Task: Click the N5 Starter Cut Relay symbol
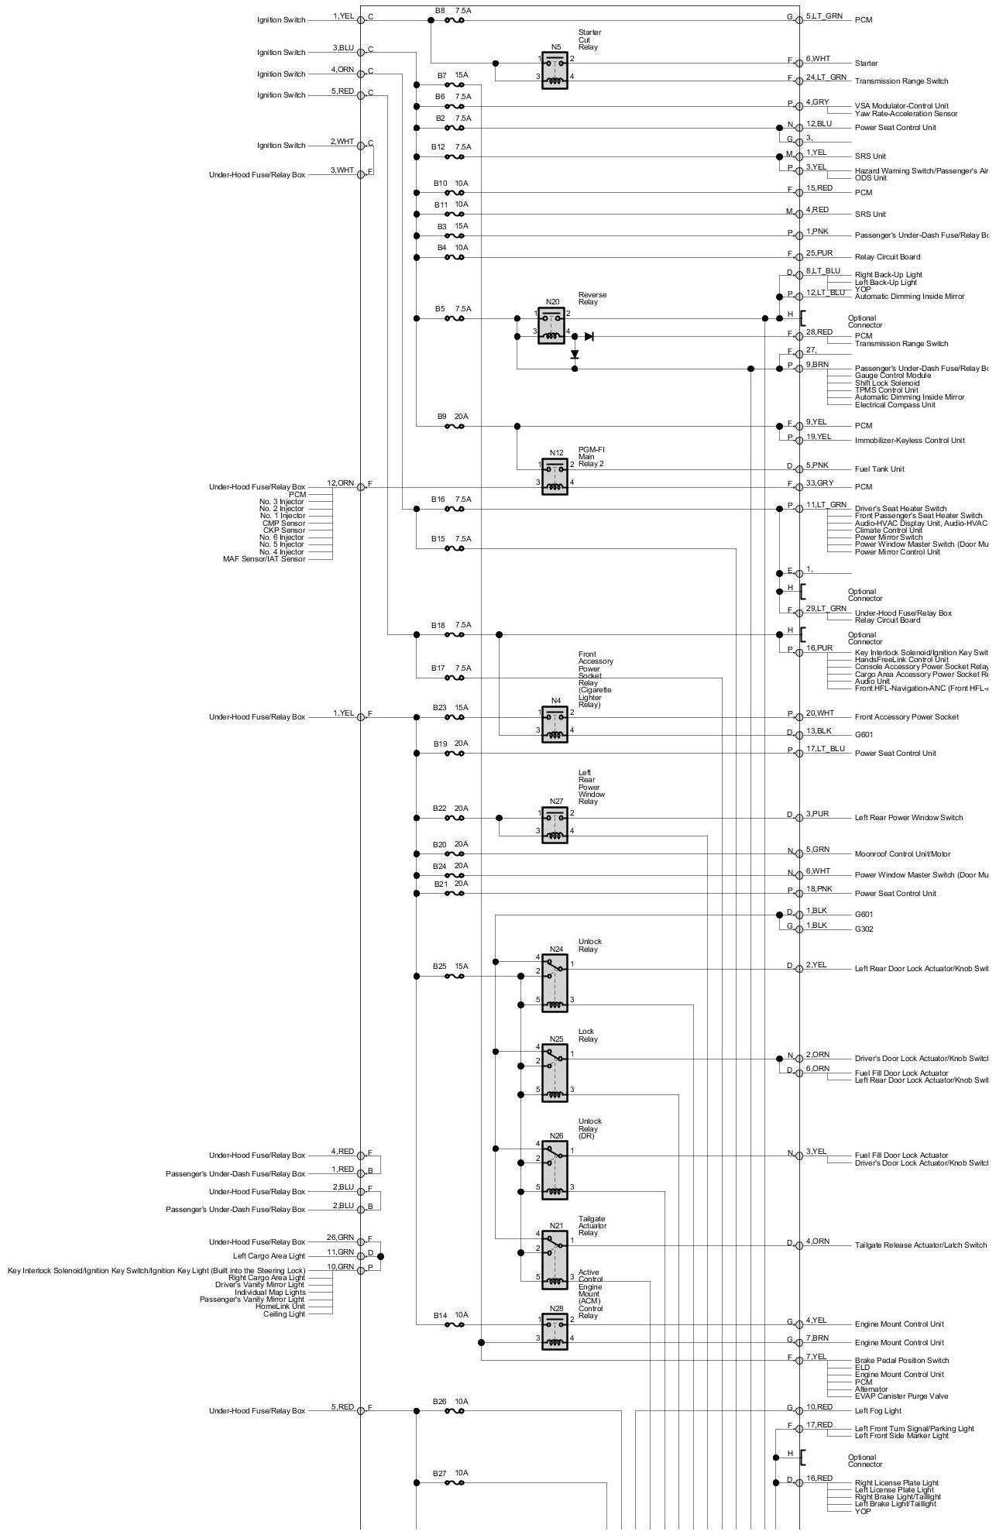click(x=555, y=70)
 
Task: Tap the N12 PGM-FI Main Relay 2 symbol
click(x=555, y=476)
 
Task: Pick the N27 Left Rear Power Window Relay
click(x=555, y=824)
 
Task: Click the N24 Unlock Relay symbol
click(x=555, y=983)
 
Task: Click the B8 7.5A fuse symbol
click(x=455, y=20)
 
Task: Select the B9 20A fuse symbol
click(x=455, y=426)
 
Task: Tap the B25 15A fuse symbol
click(x=455, y=977)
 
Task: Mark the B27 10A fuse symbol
click(x=455, y=1483)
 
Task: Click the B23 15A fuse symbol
click(x=455, y=718)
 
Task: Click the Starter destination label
click(x=866, y=64)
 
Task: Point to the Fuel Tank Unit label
click(x=879, y=469)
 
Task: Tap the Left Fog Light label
click(x=878, y=1411)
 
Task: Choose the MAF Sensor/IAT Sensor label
click(x=263, y=559)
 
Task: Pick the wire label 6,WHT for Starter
click(x=818, y=59)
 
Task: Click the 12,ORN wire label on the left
click(x=340, y=483)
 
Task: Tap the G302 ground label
click(x=864, y=929)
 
